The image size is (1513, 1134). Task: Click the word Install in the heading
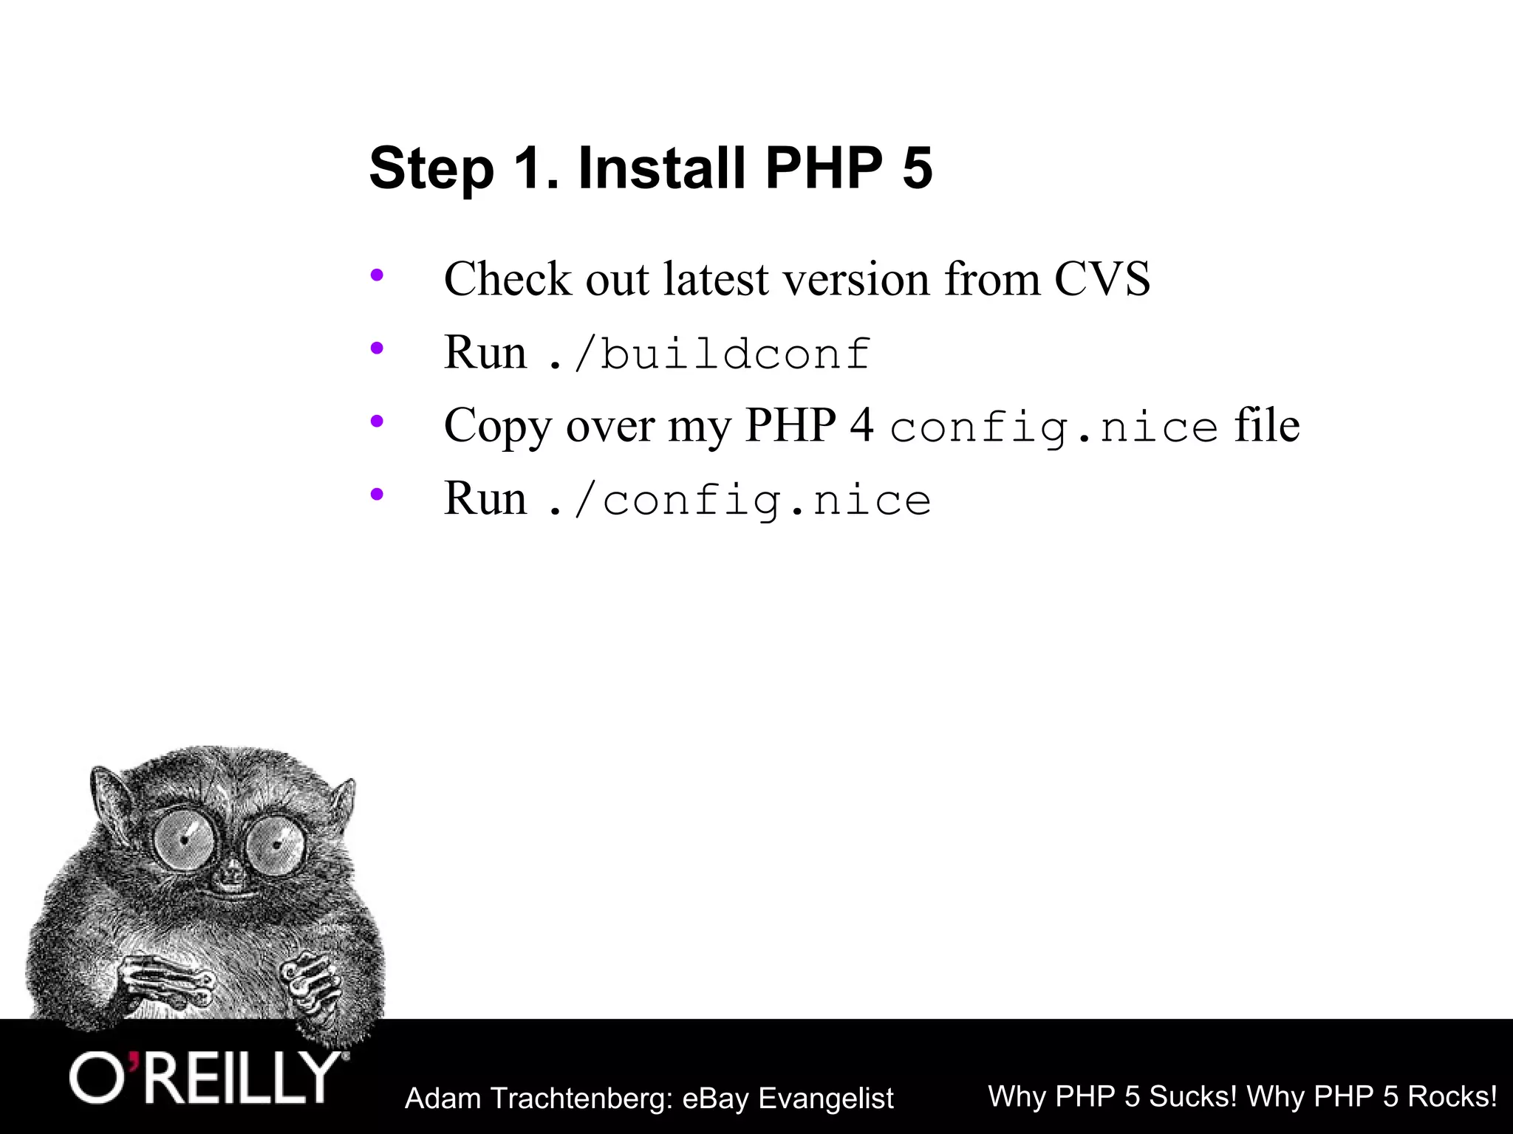[661, 168]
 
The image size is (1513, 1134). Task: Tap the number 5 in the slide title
[917, 168]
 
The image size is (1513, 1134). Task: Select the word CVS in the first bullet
[1102, 279]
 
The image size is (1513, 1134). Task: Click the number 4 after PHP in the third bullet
[861, 426]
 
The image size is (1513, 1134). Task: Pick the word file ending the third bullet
[1266, 426]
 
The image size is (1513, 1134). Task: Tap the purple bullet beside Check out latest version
[377, 276]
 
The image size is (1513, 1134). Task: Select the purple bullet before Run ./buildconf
[377, 348]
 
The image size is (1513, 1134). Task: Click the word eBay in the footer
[715, 1099]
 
